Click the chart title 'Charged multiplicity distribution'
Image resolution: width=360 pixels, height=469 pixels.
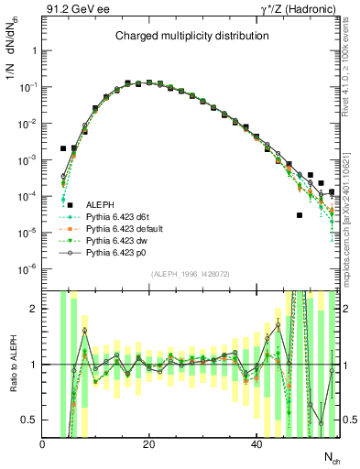click(x=191, y=36)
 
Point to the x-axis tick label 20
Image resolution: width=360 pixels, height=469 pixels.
click(x=149, y=444)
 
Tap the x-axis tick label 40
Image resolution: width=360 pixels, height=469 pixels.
click(x=256, y=444)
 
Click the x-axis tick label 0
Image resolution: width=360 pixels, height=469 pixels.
click(x=42, y=444)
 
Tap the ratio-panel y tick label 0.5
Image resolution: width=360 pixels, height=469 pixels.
click(x=30, y=420)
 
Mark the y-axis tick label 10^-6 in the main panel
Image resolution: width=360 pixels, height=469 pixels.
click(x=28, y=268)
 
